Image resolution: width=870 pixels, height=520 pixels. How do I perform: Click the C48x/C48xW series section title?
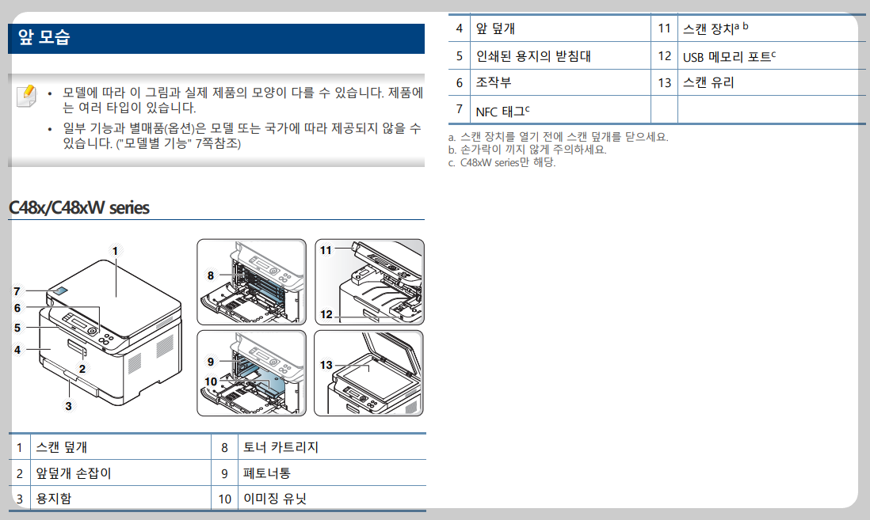[x=78, y=208]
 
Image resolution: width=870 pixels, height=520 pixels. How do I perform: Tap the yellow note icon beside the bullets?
[x=26, y=95]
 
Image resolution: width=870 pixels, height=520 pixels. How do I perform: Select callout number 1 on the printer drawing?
[x=115, y=251]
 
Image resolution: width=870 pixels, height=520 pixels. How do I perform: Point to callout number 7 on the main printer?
[x=17, y=290]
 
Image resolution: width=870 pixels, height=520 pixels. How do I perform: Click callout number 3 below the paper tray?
[x=68, y=406]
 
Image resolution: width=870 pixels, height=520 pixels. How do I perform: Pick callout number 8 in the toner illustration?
[x=211, y=275]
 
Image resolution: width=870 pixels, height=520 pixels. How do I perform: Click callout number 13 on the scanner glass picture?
[x=326, y=365]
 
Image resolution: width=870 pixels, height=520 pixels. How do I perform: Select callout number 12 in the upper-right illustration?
[x=326, y=314]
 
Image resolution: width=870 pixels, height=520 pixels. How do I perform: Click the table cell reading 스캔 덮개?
[x=62, y=447]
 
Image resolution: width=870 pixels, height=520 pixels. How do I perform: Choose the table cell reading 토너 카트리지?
[x=280, y=447]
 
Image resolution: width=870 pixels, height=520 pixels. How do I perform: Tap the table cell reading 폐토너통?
[x=267, y=473]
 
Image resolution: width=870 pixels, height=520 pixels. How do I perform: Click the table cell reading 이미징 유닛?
[x=274, y=499]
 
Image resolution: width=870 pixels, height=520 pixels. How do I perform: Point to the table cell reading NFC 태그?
[x=502, y=109]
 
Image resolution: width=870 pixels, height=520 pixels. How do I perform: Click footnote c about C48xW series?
[x=502, y=162]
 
